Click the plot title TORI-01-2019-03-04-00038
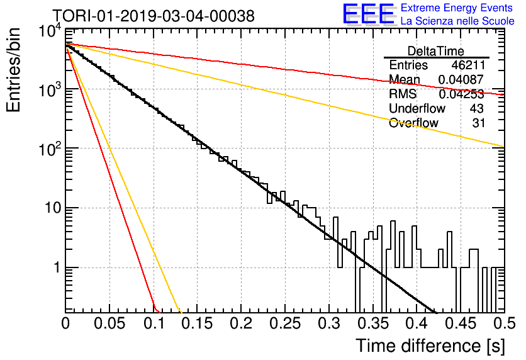pos(154,16)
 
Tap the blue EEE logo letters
pos(369,14)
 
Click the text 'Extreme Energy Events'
pos(457,8)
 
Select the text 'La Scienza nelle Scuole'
pos(457,21)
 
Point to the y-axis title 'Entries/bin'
pos(13,70)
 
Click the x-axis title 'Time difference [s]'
pos(430,346)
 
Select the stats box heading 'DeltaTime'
pos(436,51)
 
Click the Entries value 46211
pos(468,65)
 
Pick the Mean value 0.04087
pos(461,79)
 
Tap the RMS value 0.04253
pos(461,94)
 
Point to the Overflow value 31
pos(478,123)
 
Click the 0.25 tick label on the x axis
pos(285,323)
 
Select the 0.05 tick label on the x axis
pos(109,323)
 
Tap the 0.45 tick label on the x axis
pos(461,323)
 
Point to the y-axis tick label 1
pos(57,267)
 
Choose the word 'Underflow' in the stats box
pos(417,108)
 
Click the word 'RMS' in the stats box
pos(403,94)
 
